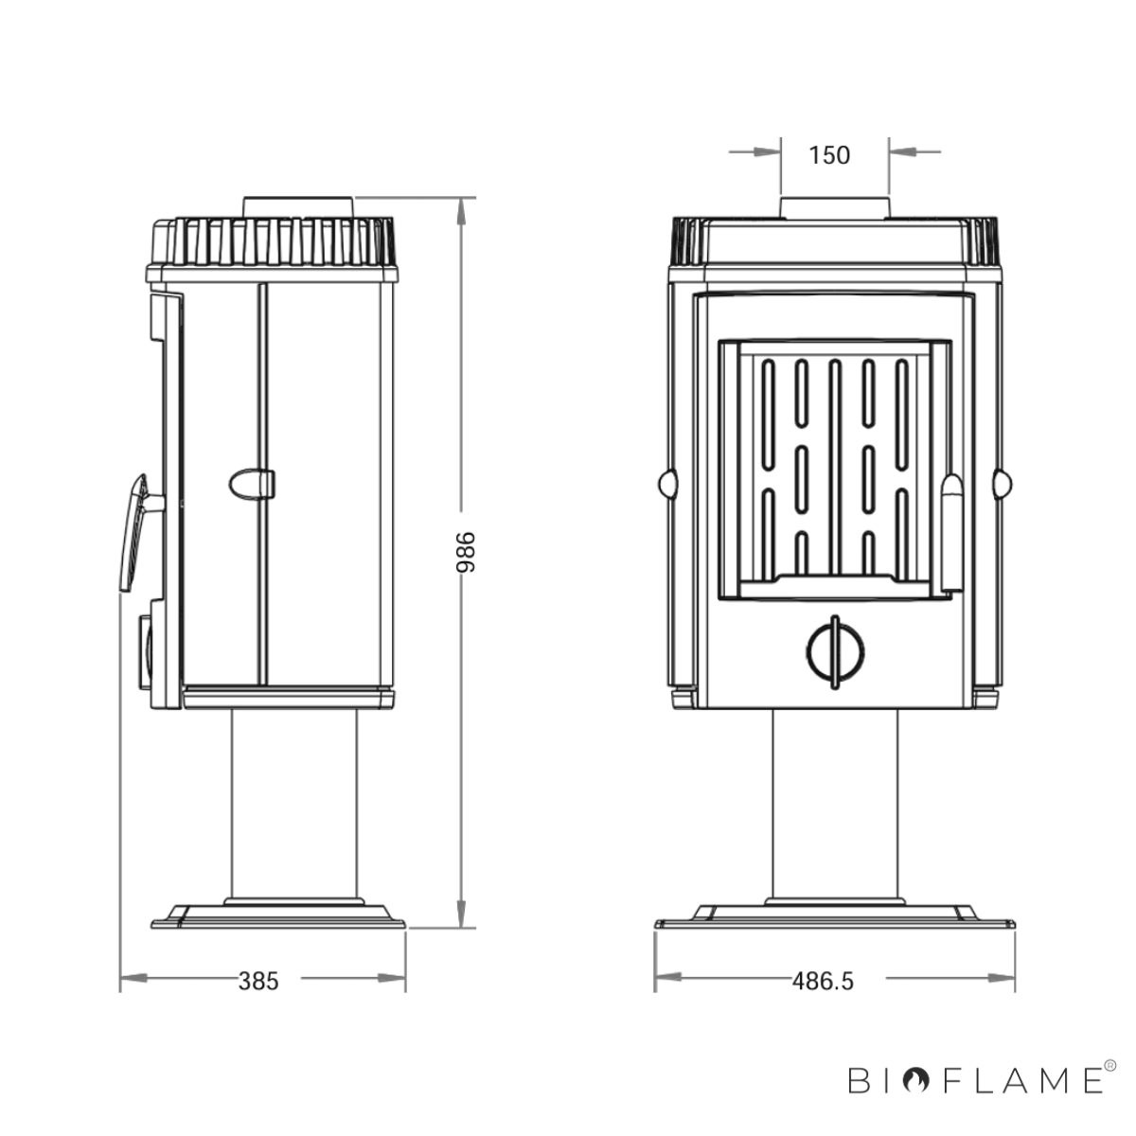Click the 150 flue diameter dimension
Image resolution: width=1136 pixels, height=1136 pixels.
[x=829, y=155]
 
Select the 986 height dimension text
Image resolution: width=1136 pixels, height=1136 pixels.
[x=466, y=552]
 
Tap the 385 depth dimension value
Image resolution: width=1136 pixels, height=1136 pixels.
[x=258, y=981]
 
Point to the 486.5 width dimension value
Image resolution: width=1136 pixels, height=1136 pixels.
[x=823, y=981]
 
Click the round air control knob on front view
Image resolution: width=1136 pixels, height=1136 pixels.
[x=834, y=652]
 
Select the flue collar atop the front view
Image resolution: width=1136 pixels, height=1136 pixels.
[x=834, y=207]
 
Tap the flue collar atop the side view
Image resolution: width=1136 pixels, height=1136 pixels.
[x=299, y=206]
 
